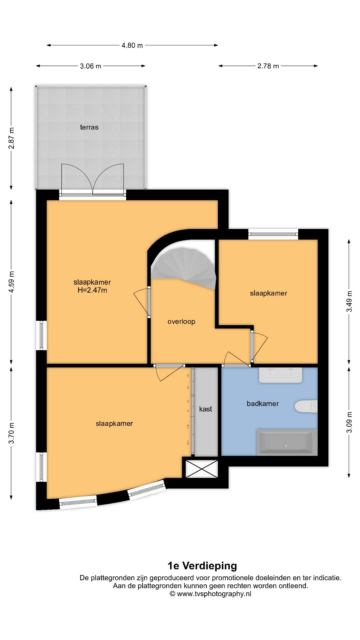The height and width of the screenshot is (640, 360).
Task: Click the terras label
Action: tap(89, 127)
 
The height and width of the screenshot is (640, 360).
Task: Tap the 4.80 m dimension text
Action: tap(132, 45)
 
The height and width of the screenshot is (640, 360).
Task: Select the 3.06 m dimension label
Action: tap(90, 66)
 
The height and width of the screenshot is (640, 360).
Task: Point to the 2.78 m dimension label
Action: tap(268, 66)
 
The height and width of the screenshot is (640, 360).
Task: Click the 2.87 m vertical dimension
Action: tap(11, 138)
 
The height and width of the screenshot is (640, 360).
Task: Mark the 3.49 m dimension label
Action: tap(349, 301)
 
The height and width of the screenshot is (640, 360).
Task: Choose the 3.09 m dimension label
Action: tap(349, 422)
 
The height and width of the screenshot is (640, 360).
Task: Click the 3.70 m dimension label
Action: tap(11, 433)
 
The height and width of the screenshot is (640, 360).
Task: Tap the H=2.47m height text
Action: tap(92, 290)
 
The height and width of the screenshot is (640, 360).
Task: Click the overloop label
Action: tap(181, 322)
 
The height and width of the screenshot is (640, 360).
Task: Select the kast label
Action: tap(205, 409)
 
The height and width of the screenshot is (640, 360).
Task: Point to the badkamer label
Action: tap(263, 404)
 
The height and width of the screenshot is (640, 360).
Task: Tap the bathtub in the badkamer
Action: tap(287, 442)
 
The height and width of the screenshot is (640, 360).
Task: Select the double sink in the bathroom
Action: tap(281, 375)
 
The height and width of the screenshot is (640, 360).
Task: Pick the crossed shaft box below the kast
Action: tap(202, 468)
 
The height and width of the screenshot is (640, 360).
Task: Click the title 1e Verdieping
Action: tap(202, 566)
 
